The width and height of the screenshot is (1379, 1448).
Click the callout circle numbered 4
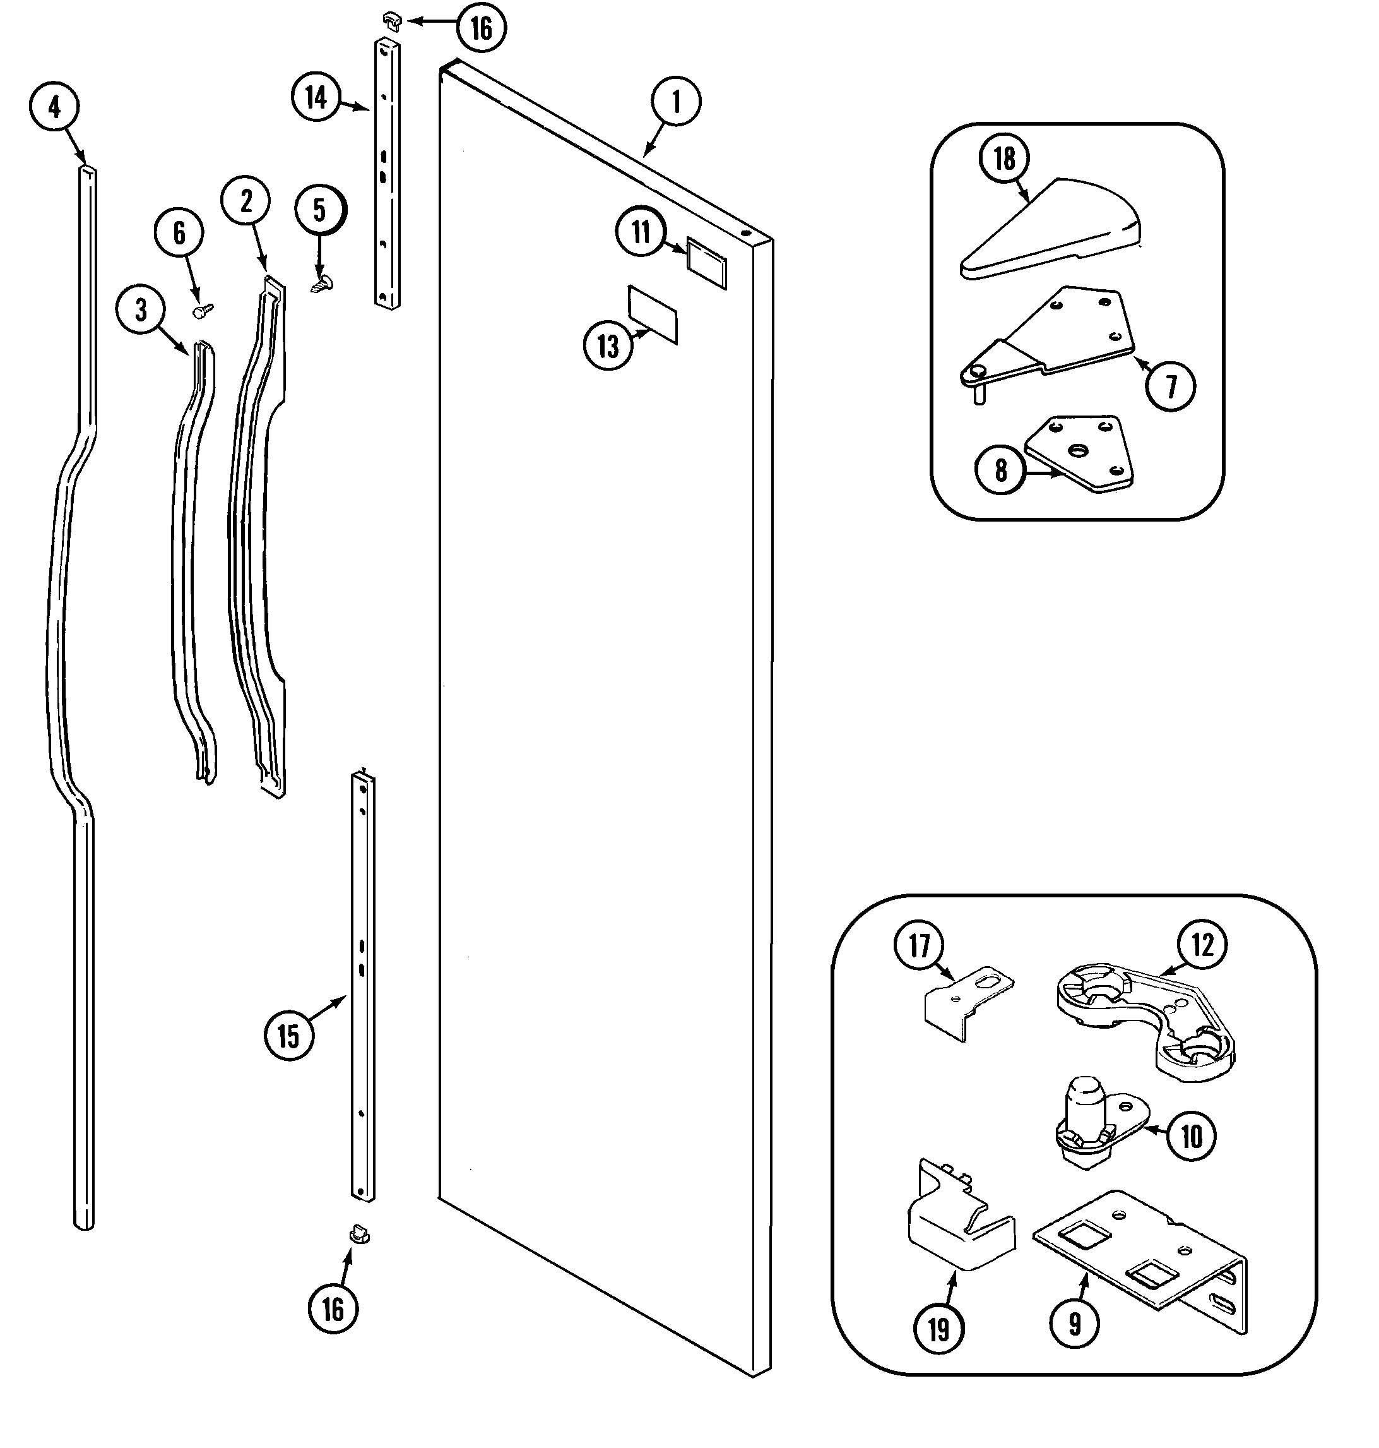click(54, 108)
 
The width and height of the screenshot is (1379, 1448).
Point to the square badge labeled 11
click(706, 263)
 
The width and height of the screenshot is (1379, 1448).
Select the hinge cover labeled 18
click(1052, 228)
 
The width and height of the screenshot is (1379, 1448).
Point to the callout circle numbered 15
click(288, 1036)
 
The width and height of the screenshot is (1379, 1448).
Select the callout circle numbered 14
click(316, 97)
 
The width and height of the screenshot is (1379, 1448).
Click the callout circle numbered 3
click(140, 311)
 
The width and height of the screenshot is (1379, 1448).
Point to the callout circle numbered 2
click(246, 201)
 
